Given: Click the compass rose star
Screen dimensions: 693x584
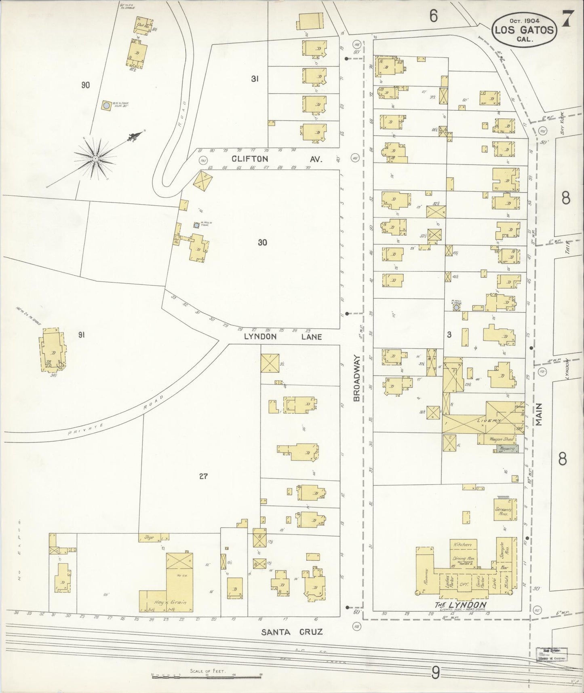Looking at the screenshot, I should click(95, 158).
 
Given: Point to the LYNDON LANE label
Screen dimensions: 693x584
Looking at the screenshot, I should click(283, 336).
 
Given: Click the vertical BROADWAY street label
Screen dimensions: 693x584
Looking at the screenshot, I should click(356, 378).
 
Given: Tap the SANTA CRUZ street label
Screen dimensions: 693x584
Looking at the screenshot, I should click(291, 632).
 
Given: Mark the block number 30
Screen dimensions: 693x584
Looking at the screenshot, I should click(263, 243).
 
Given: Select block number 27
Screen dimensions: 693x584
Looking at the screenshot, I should click(203, 476).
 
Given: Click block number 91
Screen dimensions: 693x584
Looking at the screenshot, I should click(82, 335).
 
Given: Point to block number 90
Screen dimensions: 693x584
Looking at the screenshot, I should click(85, 85).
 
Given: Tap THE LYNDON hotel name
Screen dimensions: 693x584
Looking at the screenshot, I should click(460, 605).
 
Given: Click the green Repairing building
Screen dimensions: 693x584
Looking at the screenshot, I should click(505, 449).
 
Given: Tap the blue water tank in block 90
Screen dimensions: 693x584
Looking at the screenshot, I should click(106, 106).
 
